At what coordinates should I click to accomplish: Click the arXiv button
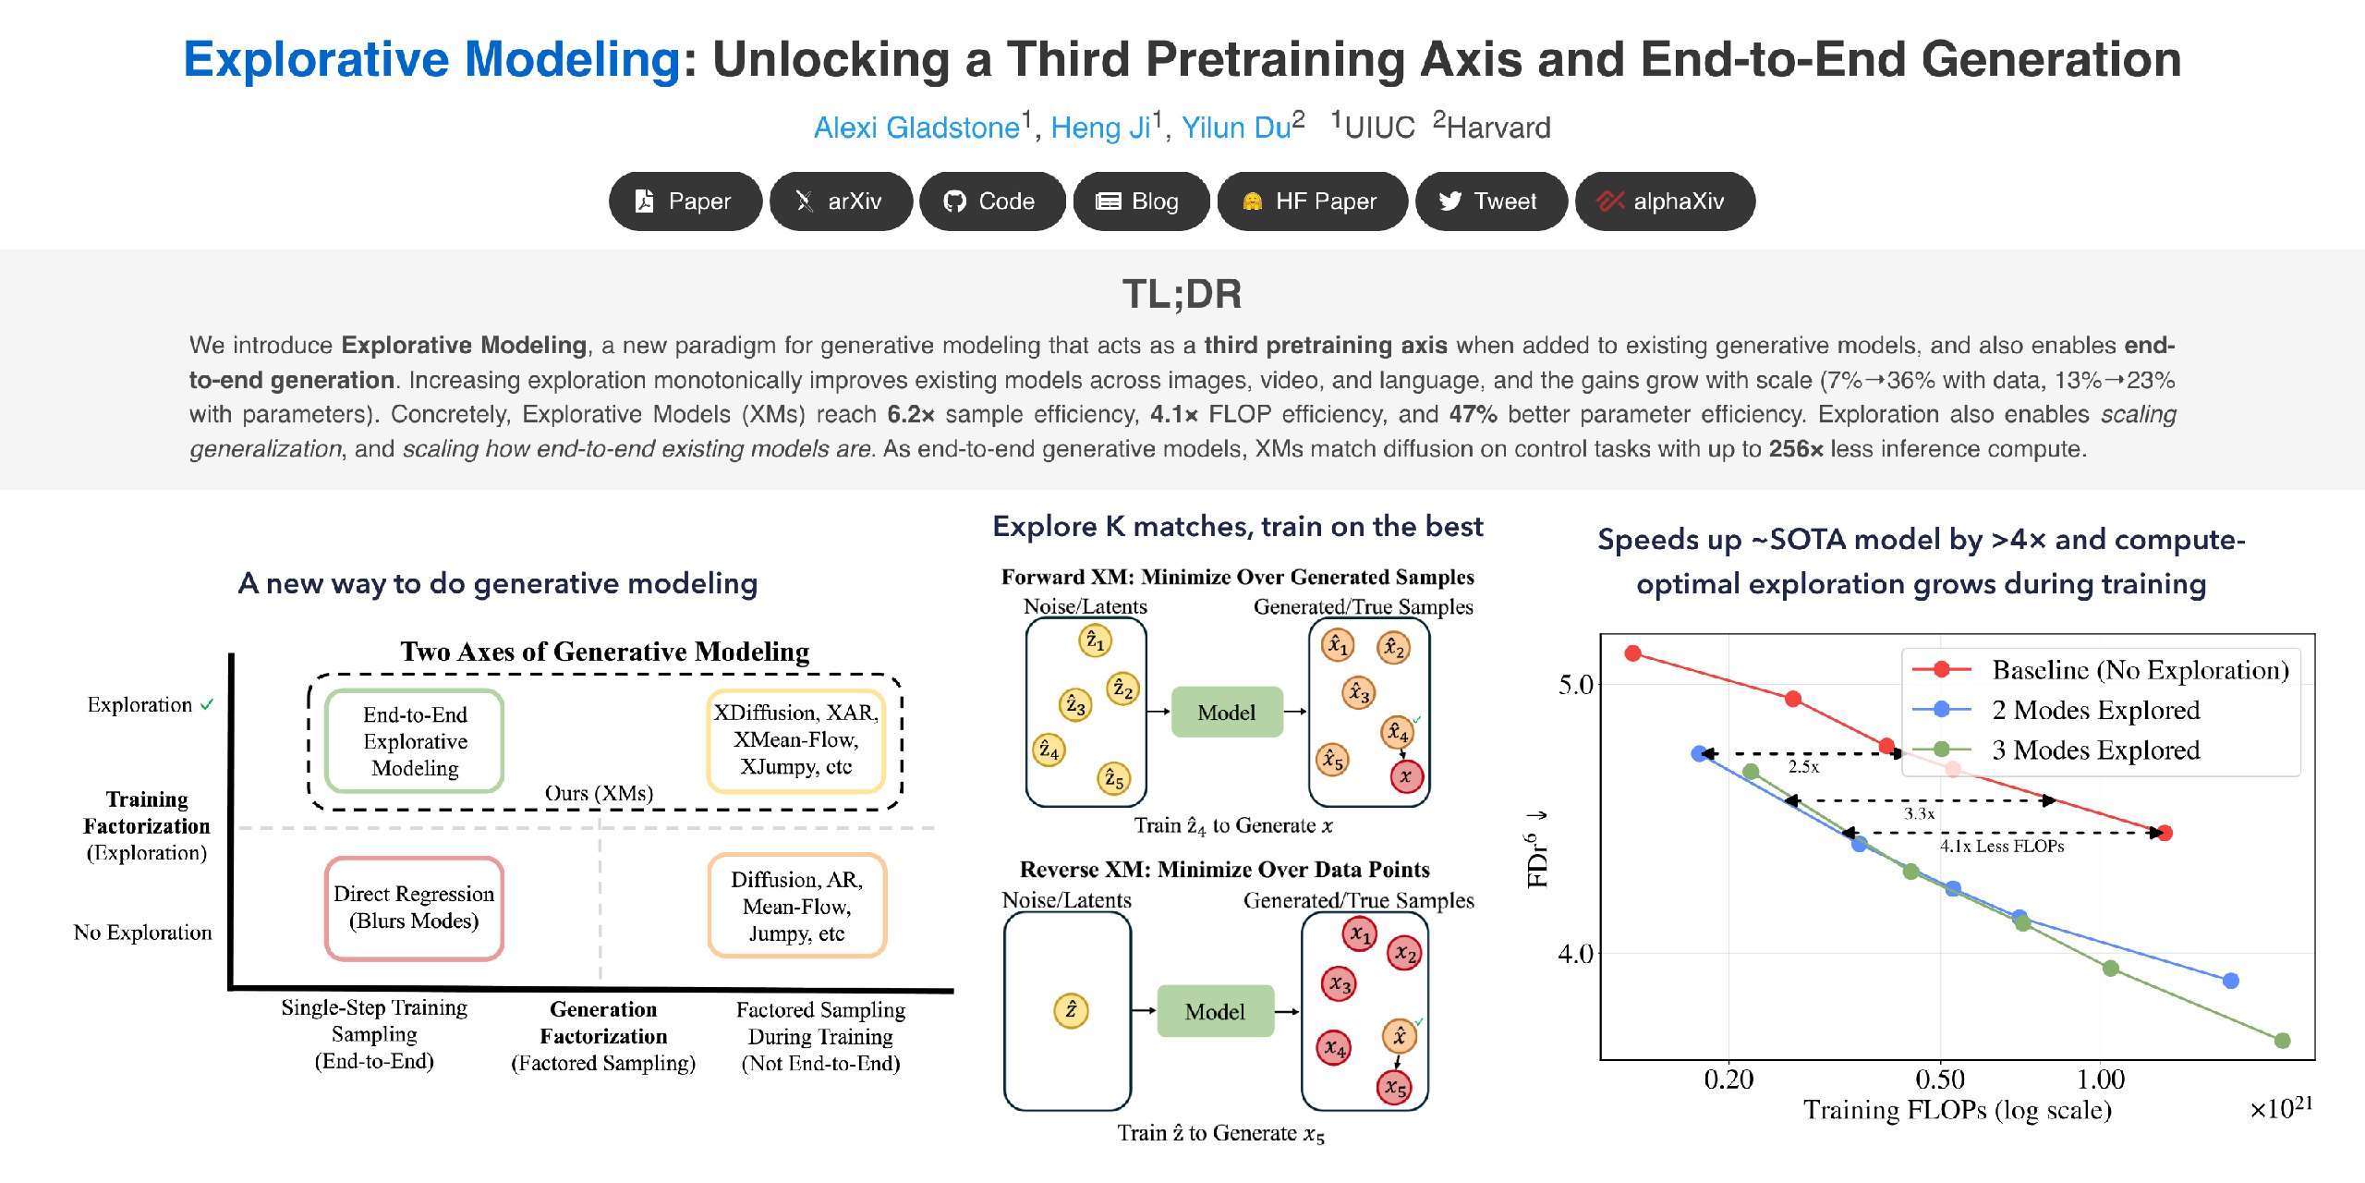click(x=841, y=201)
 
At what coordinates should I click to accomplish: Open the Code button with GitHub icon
click(x=991, y=201)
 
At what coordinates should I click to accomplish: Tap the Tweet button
click(x=1490, y=201)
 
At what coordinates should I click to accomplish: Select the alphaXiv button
click(x=1664, y=201)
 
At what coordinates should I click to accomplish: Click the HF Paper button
click(x=1312, y=201)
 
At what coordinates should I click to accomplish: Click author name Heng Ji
click(x=1100, y=128)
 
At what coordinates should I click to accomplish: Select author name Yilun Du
click(x=1236, y=128)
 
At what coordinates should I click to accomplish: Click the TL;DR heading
click(x=1182, y=294)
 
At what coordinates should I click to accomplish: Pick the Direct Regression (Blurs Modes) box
click(x=414, y=908)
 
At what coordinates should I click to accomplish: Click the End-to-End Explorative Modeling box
click(x=415, y=740)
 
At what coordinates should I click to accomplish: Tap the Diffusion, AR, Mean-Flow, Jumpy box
click(x=797, y=906)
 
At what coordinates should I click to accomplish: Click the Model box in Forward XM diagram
click(x=1227, y=712)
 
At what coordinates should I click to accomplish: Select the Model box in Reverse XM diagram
click(x=1215, y=1011)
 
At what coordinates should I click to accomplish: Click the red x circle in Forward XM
click(x=1406, y=776)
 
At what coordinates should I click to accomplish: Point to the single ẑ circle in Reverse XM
click(x=1071, y=1010)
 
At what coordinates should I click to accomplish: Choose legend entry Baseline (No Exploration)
click(x=2099, y=669)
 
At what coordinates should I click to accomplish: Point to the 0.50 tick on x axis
click(x=1940, y=1079)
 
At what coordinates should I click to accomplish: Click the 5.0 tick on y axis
click(x=1576, y=685)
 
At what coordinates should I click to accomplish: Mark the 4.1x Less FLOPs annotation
click(x=2001, y=846)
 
